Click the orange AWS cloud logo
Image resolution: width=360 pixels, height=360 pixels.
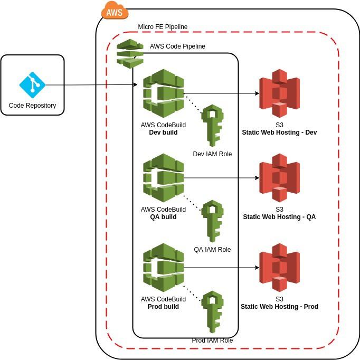(x=115, y=10)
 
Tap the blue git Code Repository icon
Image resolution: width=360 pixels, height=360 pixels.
(x=32, y=84)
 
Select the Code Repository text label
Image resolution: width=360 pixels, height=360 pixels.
(x=32, y=106)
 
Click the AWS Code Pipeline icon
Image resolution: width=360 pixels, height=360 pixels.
(x=130, y=53)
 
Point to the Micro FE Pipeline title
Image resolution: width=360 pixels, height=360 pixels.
(x=163, y=27)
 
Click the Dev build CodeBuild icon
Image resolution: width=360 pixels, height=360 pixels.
(x=163, y=93)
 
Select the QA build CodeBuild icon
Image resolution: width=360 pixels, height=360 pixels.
(x=163, y=178)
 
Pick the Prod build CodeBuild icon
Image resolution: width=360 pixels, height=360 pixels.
(x=163, y=268)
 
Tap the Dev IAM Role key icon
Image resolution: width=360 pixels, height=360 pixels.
(x=213, y=126)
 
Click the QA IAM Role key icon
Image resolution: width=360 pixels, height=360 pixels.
(x=213, y=221)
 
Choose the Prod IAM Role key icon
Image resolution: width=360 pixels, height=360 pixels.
(x=213, y=312)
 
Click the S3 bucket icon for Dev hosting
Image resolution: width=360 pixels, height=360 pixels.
(x=279, y=93)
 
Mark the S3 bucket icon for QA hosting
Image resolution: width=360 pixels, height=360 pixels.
(x=279, y=178)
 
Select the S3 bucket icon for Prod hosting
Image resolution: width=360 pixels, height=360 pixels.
(x=279, y=268)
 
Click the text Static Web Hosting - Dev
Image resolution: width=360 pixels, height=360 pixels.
(x=279, y=132)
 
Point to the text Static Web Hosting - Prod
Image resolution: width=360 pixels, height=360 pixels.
(x=279, y=307)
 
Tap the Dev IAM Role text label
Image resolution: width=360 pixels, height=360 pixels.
(x=212, y=154)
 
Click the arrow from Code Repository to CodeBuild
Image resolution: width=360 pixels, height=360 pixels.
(x=90, y=85)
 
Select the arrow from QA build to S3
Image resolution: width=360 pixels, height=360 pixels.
(x=222, y=178)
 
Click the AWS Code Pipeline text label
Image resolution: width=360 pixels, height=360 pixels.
(x=177, y=46)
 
